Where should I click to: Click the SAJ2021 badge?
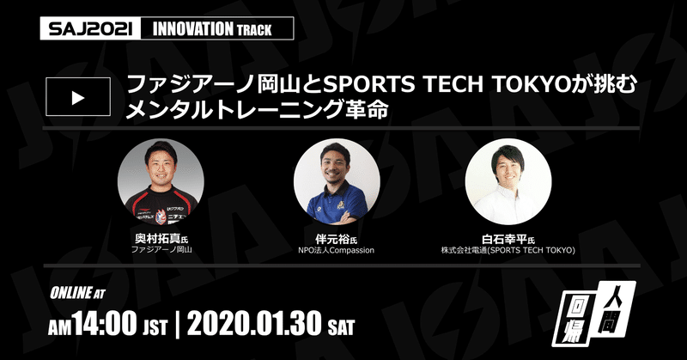[90, 28]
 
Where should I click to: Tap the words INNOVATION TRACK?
[212, 29]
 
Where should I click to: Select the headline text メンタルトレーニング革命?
[257, 110]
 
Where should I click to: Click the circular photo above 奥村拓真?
[161, 181]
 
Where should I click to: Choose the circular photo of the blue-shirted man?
[337, 181]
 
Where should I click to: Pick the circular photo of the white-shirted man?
[508, 181]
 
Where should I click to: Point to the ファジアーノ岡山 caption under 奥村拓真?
[161, 250]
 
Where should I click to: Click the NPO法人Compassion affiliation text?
[336, 250]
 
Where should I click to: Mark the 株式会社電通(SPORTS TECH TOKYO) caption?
[508, 250]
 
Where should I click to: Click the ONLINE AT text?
[77, 293]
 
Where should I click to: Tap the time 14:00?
[105, 324]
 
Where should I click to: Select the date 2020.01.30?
[254, 324]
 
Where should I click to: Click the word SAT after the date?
[341, 327]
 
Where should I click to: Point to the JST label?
[155, 327]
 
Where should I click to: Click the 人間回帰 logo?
[593, 314]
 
